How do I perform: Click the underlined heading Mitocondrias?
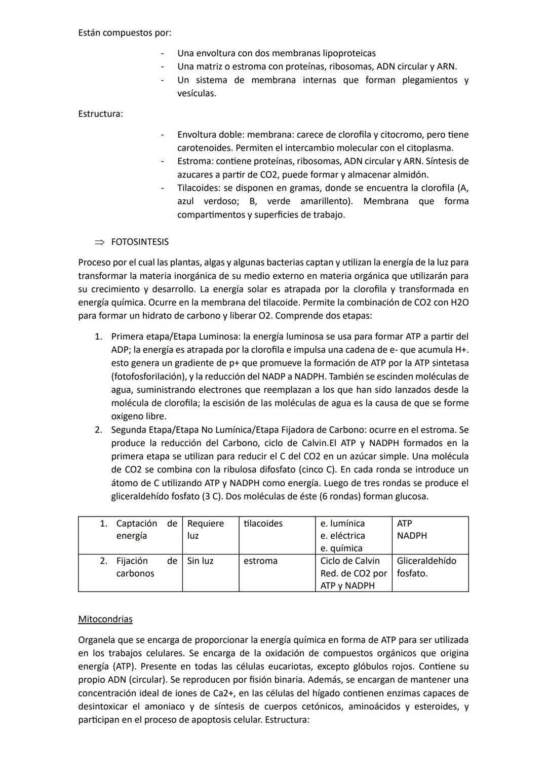point(105,619)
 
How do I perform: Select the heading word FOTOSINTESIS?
point(140,242)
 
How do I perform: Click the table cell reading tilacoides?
point(263,524)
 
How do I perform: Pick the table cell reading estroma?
point(260,561)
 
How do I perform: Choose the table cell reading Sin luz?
point(200,561)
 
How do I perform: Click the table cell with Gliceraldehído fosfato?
point(426,567)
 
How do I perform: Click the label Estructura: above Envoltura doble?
point(100,114)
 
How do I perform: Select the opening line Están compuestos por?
point(125,33)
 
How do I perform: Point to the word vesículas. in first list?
point(197,93)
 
